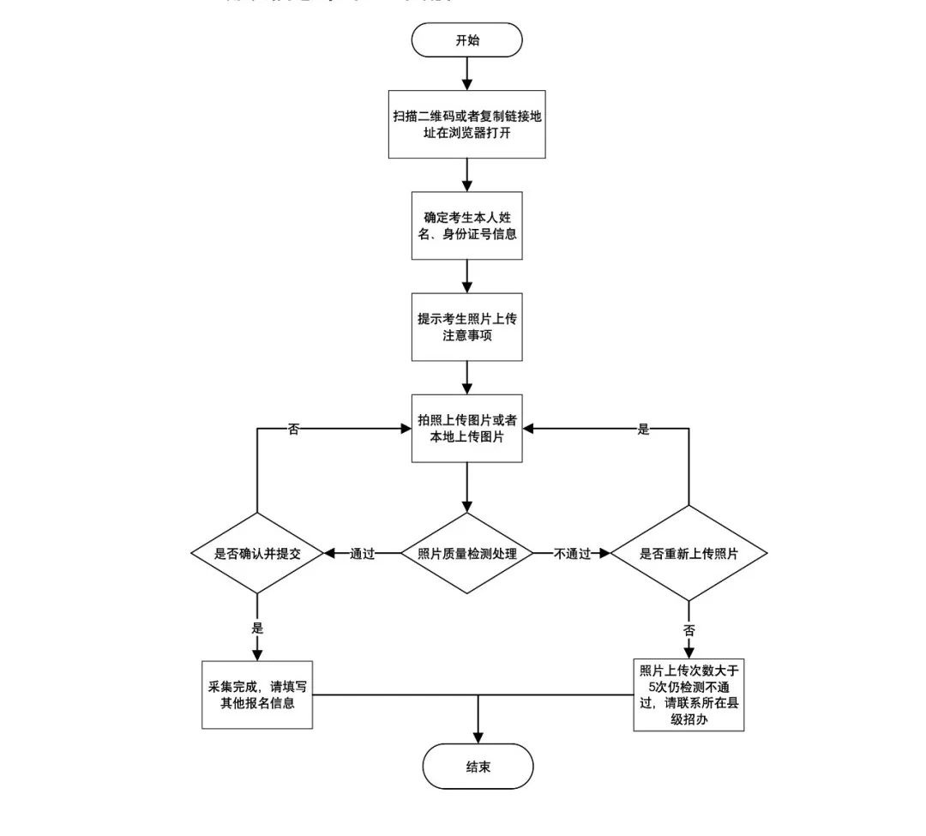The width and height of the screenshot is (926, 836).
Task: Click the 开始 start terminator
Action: pyautogui.click(x=466, y=39)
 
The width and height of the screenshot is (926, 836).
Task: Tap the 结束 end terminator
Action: pyautogui.click(x=478, y=766)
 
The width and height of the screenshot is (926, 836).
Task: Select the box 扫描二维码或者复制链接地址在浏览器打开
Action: pyautogui.click(x=466, y=126)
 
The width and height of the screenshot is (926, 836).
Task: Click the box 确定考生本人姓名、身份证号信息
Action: pyautogui.click(x=466, y=226)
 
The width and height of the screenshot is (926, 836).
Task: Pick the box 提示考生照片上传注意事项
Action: pyautogui.click(x=466, y=327)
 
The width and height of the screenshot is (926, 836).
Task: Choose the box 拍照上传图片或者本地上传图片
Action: pyautogui.click(x=466, y=430)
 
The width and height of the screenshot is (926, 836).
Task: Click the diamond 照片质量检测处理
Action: pyautogui.click(x=466, y=553)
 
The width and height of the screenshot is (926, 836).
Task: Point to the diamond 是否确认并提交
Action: pyautogui.click(x=256, y=553)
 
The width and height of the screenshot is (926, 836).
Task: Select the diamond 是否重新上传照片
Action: pyautogui.click(x=688, y=553)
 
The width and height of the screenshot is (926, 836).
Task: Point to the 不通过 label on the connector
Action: pyautogui.click(x=573, y=553)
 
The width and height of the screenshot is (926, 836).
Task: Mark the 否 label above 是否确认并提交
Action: pyautogui.click(x=293, y=430)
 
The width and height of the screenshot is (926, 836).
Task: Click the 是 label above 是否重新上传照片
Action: pyautogui.click(x=643, y=430)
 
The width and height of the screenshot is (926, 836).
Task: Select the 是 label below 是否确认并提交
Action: pyautogui.click(x=256, y=628)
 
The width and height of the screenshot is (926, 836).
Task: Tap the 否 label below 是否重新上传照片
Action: pyautogui.click(x=688, y=629)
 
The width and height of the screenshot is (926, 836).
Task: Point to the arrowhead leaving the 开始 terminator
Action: pyautogui.click(x=466, y=84)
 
